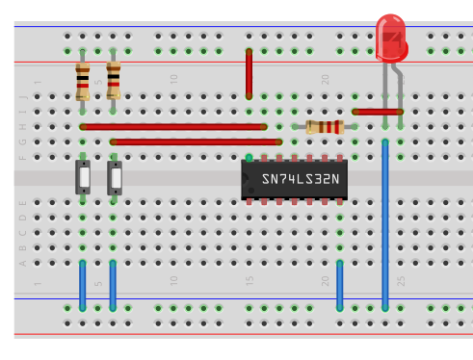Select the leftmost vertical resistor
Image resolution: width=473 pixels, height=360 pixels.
[83, 81]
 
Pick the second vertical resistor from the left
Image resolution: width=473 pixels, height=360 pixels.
[114, 80]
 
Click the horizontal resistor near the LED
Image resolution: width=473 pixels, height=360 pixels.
[324, 127]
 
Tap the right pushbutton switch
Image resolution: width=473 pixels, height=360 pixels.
[115, 178]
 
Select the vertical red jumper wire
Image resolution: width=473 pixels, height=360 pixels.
[250, 73]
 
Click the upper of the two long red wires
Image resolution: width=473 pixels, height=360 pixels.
[173, 126]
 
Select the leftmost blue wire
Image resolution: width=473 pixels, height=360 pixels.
[83, 285]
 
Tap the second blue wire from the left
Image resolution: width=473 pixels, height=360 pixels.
[114, 285]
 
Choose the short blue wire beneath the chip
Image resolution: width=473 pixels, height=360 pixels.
[340, 285]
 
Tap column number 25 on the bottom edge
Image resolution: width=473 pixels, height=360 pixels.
[401, 281]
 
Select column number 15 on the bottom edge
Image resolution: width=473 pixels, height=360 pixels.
[250, 281]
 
